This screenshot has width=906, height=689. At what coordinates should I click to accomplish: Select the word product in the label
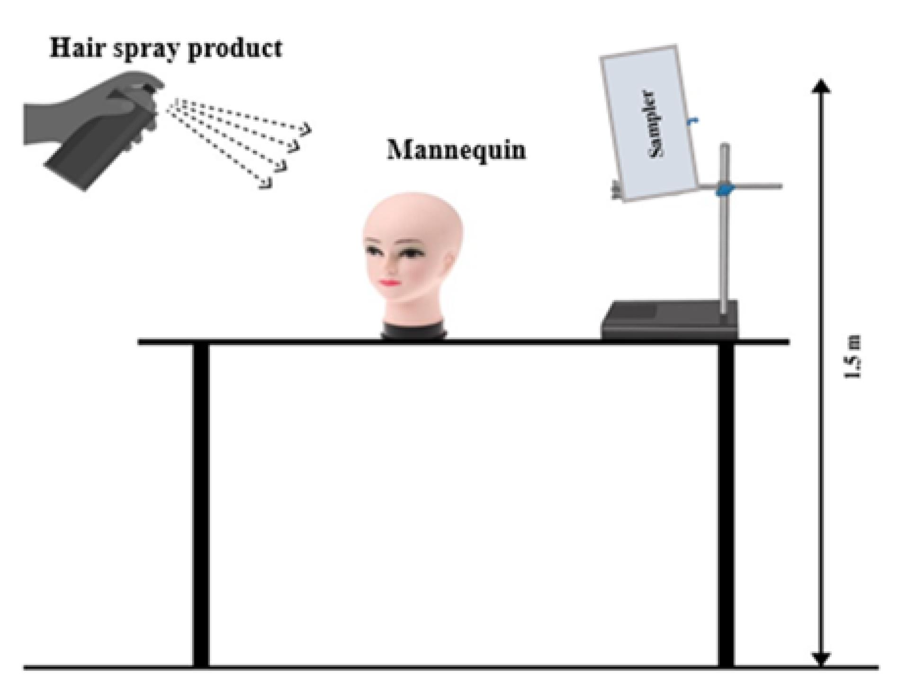(x=235, y=49)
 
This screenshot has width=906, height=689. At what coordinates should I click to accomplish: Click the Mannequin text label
(x=457, y=150)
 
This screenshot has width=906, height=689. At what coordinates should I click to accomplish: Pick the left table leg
(x=201, y=505)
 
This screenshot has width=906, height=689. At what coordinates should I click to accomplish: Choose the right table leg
(x=726, y=505)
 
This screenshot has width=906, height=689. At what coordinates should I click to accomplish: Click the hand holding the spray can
(x=81, y=114)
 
